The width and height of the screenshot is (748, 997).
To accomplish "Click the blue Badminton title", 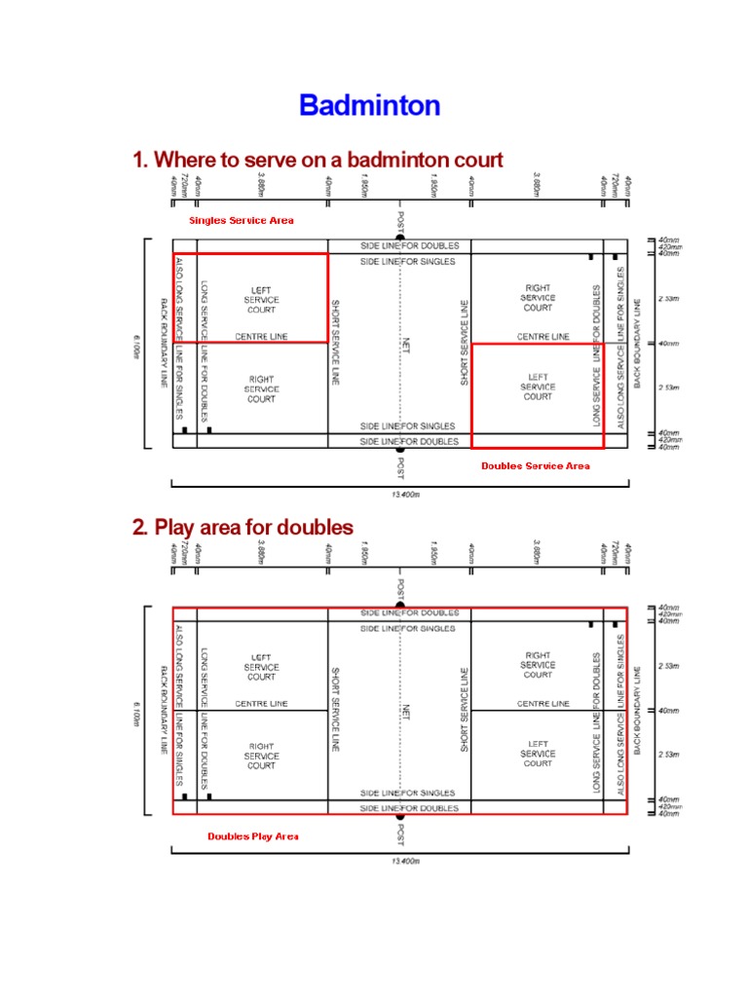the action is pos(369,105).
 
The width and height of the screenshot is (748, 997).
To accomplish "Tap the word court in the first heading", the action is pos(477,160).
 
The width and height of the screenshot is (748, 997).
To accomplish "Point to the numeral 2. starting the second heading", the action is pos(140,527).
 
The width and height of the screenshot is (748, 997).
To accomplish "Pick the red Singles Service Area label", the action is pos(241,221).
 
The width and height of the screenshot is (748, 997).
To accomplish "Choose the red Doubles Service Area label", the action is pos(535,466).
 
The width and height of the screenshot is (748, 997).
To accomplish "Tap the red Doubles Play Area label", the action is pos(252,836).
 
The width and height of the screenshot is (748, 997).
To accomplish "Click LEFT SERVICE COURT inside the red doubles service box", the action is pos(538,387).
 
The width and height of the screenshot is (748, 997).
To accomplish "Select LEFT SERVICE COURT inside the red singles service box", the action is pos(261,300).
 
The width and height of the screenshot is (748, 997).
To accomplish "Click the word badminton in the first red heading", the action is pos(385,160).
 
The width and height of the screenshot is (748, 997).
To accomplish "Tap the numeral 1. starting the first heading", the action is pos(140,160).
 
